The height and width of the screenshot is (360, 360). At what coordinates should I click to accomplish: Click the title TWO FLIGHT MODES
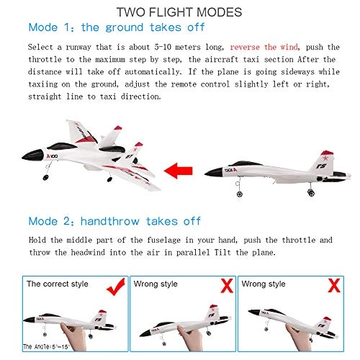(179, 12)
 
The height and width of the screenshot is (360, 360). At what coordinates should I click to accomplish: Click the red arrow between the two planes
(178, 171)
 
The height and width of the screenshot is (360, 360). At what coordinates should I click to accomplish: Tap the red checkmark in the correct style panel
(116, 287)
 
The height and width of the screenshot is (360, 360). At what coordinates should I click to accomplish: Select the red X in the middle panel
(227, 286)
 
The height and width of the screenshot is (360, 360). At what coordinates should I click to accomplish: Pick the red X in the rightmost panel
(334, 286)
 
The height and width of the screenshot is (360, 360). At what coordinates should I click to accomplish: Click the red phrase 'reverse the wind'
(264, 47)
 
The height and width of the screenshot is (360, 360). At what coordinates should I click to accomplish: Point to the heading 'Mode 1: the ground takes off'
(117, 27)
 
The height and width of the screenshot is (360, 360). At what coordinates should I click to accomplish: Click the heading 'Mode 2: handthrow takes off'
(114, 221)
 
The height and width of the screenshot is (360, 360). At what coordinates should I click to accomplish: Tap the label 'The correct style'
(58, 284)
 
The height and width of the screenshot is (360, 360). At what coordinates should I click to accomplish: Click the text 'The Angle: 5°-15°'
(46, 346)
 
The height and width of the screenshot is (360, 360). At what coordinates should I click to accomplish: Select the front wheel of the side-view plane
(240, 194)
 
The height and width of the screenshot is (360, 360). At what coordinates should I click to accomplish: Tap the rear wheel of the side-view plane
(311, 192)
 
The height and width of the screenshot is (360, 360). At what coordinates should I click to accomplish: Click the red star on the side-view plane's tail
(325, 158)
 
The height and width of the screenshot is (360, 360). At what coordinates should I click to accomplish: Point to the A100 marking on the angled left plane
(52, 156)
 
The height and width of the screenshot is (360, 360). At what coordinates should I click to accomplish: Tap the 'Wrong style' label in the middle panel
(156, 284)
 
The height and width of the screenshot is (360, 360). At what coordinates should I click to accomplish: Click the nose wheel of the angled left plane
(45, 178)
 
